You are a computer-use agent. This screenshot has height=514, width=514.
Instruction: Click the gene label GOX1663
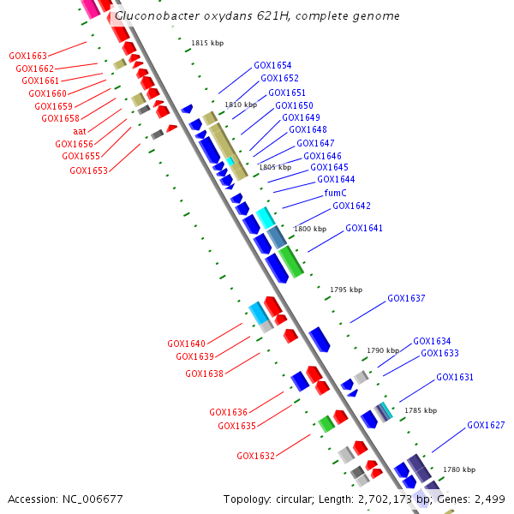28,56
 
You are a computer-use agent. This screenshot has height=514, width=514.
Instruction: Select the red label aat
80,131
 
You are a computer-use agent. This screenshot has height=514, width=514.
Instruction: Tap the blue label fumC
335,193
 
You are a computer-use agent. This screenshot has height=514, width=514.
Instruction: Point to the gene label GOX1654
272,65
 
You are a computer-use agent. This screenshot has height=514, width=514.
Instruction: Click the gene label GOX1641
364,229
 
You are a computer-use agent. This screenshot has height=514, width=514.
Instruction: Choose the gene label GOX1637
406,299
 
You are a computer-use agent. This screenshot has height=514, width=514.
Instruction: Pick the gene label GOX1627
486,426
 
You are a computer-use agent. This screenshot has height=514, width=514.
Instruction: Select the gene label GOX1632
255,456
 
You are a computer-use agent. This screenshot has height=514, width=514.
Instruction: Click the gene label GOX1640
186,344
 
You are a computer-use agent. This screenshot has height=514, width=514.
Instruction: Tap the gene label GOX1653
88,170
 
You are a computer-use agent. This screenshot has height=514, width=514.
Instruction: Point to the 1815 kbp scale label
207,43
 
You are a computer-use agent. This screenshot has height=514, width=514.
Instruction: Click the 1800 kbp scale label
310,230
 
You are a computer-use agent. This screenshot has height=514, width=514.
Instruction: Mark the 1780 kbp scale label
459,469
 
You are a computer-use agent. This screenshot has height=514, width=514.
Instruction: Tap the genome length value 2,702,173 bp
375,499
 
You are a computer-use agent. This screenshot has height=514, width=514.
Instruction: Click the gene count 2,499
489,499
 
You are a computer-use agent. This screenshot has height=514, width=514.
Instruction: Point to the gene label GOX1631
455,377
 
